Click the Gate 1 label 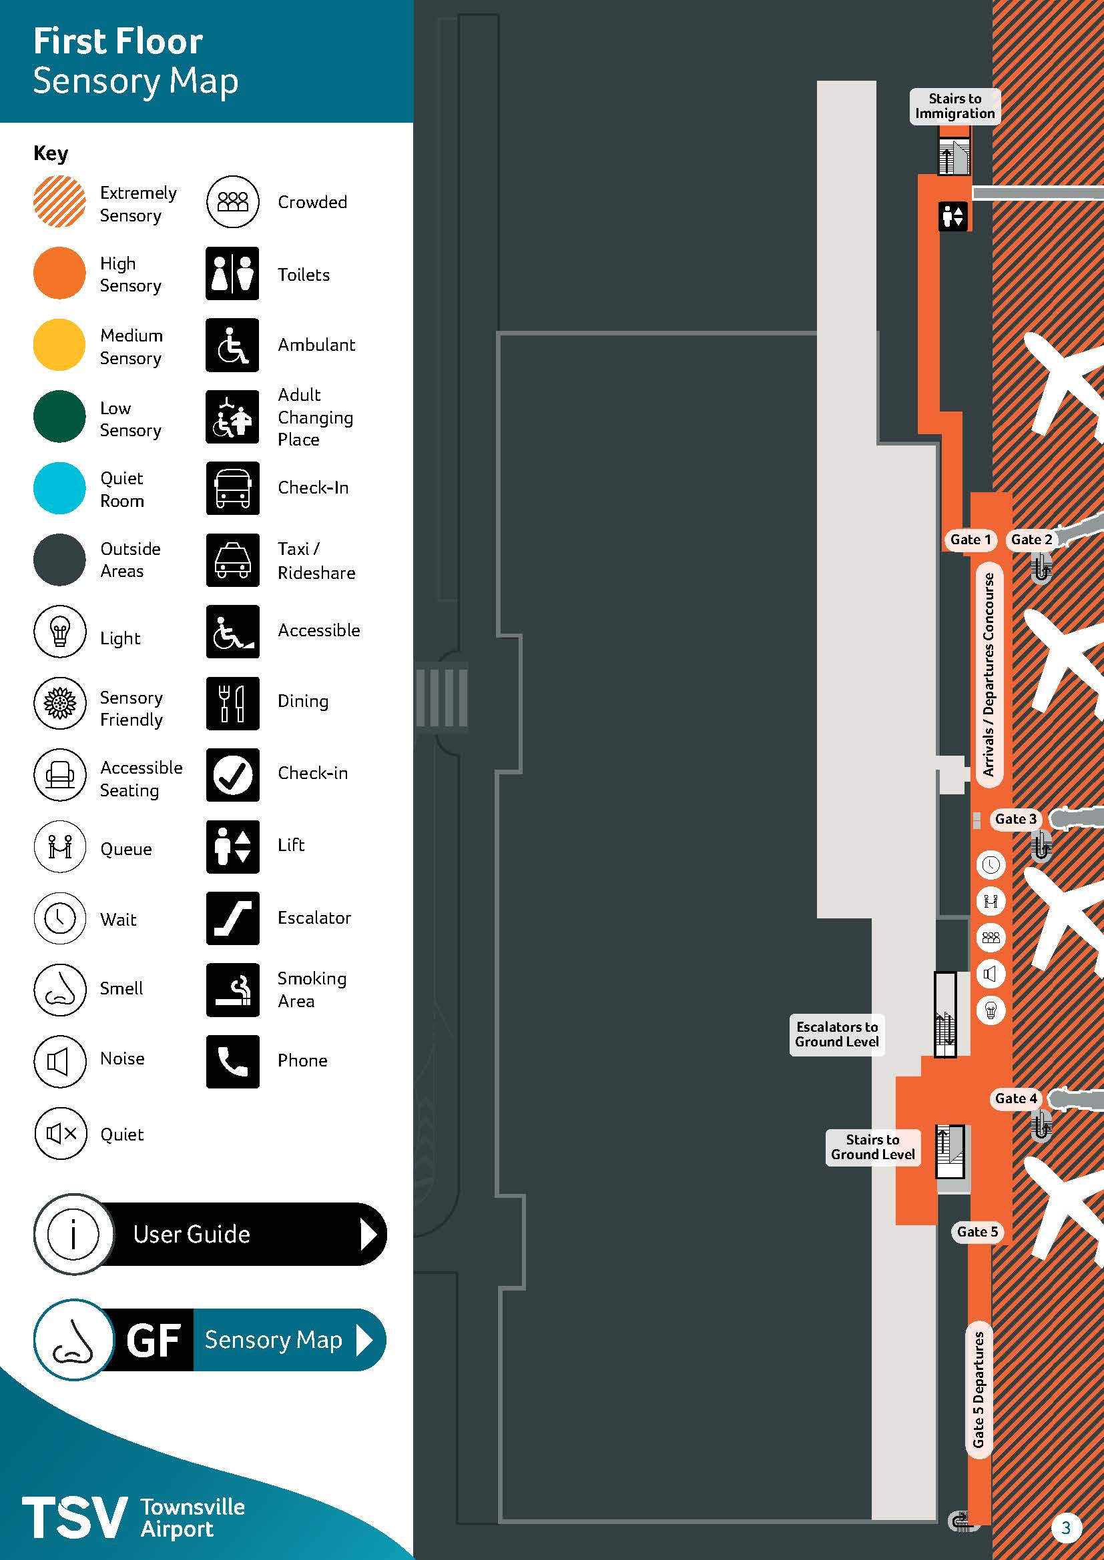pos(969,540)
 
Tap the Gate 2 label pos(1031,540)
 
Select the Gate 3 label pos(1015,819)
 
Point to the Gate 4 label pos(1015,1098)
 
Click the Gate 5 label pos(977,1232)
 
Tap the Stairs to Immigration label pos(954,106)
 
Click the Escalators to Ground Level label pos(836,1034)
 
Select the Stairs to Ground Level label pos(872,1147)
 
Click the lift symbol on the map pos(952,216)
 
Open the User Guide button pos(210,1234)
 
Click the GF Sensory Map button pos(210,1340)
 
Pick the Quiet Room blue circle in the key pos(59,488)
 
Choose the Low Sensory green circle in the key pos(59,416)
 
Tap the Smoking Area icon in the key pos(232,989)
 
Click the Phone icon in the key pos(232,1061)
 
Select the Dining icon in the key pos(232,702)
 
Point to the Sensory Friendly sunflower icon pos(60,702)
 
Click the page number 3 pos(1065,1528)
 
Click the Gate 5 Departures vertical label pos(979,1389)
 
